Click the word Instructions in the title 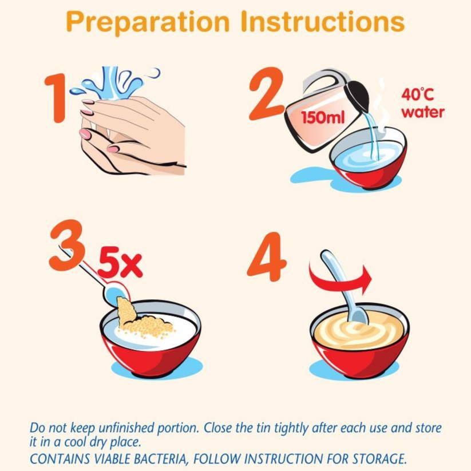pyautogui.click(x=323, y=21)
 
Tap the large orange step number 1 pyautogui.click(x=56, y=98)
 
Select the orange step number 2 pyautogui.click(x=266, y=93)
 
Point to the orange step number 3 pyautogui.click(x=67, y=245)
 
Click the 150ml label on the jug pyautogui.click(x=323, y=117)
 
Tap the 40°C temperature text pyautogui.click(x=418, y=94)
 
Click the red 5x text pyautogui.click(x=120, y=266)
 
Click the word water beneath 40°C pyautogui.click(x=423, y=112)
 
